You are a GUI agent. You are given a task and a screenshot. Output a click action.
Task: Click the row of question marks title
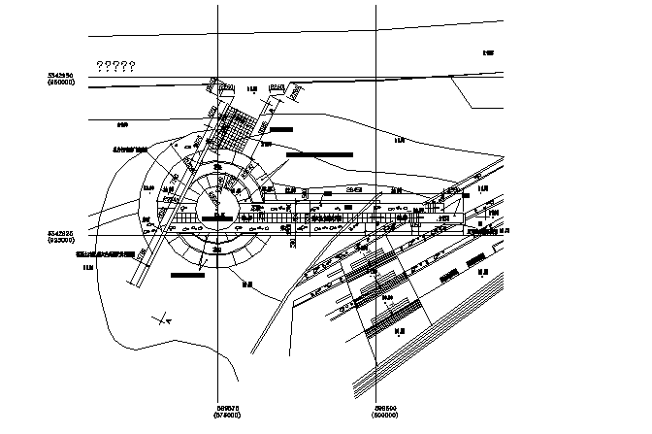[115, 66]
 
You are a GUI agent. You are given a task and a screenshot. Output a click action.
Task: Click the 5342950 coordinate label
[65, 75]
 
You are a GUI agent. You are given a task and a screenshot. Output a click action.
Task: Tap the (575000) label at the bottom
[228, 415]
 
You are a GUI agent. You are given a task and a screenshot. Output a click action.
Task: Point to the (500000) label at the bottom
[387, 415]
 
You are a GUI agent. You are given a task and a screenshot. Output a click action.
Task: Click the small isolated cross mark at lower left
[164, 317]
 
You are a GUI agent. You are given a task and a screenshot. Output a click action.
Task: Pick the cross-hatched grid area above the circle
[237, 126]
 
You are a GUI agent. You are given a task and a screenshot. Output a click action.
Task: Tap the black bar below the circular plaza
[187, 275]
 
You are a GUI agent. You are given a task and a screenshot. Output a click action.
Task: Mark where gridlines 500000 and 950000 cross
[376, 86]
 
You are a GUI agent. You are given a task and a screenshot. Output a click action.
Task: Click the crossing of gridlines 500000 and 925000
[376, 236]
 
